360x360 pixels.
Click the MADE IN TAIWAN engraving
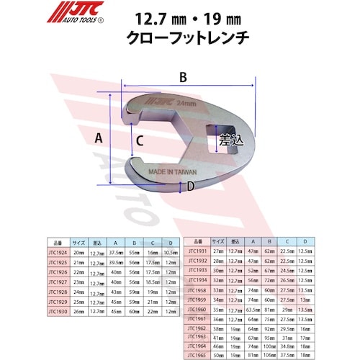pos(175,173)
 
